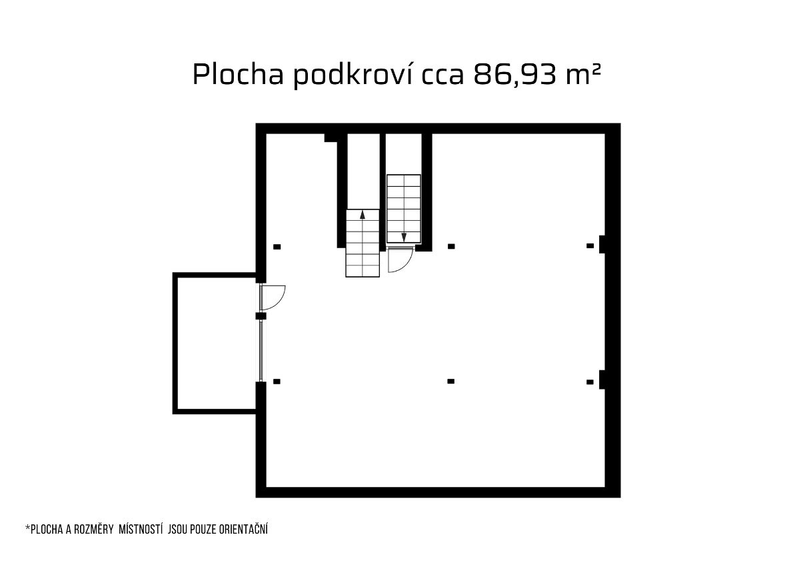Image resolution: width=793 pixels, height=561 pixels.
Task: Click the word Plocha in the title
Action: (x=237, y=74)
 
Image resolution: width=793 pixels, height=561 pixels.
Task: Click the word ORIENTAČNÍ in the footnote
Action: (x=240, y=529)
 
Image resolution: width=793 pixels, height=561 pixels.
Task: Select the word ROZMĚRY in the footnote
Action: (x=94, y=530)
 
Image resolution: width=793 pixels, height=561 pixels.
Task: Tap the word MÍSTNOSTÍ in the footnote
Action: (x=141, y=529)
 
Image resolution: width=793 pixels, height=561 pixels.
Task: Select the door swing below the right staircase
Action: (x=400, y=260)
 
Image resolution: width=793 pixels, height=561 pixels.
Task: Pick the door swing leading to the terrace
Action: (x=273, y=298)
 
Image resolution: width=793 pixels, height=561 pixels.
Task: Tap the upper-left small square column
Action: (x=277, y=247)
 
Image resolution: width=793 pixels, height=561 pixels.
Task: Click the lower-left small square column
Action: (x=277, y=382)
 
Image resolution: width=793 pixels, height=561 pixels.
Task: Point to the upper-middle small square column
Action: (x=451, y=247)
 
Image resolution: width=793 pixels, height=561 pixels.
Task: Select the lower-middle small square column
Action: (x=450, y=382)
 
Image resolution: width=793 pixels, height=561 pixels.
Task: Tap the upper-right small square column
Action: (x=590, y=246)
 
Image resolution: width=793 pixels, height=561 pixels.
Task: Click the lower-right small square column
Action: (x=590, y=382)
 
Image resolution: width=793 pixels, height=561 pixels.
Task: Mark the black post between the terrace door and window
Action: (x=261, y=316)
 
